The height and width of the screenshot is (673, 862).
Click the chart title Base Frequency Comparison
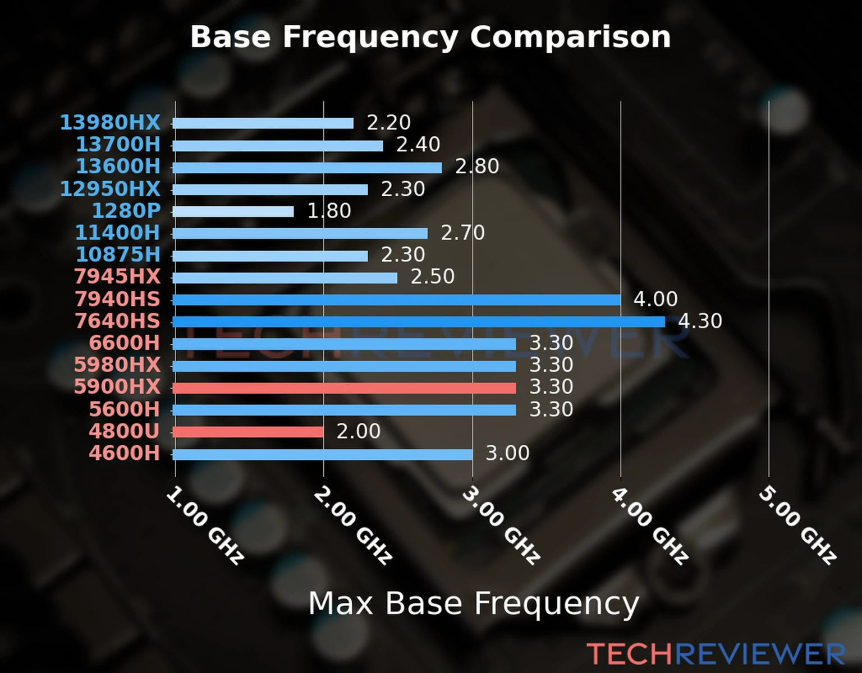coord(430,37)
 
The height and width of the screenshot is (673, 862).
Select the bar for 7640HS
coord(418,321)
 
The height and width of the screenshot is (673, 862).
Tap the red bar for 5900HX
coord(344,388)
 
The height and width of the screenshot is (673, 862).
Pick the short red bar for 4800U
coord(248,431)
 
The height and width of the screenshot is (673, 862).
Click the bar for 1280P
coord(233,211)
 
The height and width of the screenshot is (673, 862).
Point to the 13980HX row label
coord(110,122)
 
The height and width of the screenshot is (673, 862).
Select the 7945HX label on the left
coord(117,276)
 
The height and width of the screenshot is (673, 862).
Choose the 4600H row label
coord(125,453)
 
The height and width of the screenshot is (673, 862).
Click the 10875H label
coord(118,255)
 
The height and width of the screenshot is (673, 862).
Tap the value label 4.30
coord(700,321)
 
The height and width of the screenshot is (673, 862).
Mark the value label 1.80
coord(329,211)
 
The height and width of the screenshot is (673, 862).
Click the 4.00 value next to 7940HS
coord(655,299)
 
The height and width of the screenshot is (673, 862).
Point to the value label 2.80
coord(477,167)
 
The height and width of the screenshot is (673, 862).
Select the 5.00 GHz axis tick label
coord(797,524)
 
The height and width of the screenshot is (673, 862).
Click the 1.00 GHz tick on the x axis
coord(205,525)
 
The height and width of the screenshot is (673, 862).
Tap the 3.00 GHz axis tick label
coord(501,524)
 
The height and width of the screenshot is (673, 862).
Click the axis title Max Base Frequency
coord(474,603)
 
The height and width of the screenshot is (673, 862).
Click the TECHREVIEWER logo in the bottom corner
coord(716,654)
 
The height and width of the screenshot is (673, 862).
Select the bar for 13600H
coord(307,168)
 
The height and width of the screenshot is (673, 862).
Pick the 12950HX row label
coord(110,188)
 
